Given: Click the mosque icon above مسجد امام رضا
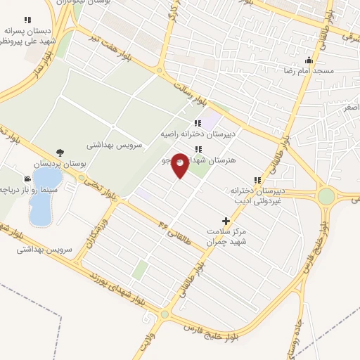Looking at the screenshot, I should [309, 60].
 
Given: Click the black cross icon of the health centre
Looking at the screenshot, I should [226, 221].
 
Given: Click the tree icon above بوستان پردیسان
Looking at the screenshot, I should [60, 152].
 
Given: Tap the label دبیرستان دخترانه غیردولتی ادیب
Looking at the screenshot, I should [257, 195].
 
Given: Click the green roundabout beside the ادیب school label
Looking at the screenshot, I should [326, 195].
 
